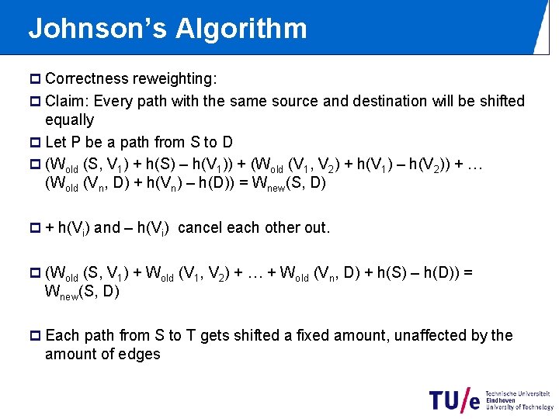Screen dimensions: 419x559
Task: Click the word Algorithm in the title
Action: tap(241, 29)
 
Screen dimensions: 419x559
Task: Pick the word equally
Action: tap(69, 120)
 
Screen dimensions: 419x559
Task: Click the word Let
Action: tap(56, 142)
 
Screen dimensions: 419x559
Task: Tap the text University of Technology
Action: tap(519, 407)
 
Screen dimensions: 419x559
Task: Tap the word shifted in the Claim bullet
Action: tap(501, 101)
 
